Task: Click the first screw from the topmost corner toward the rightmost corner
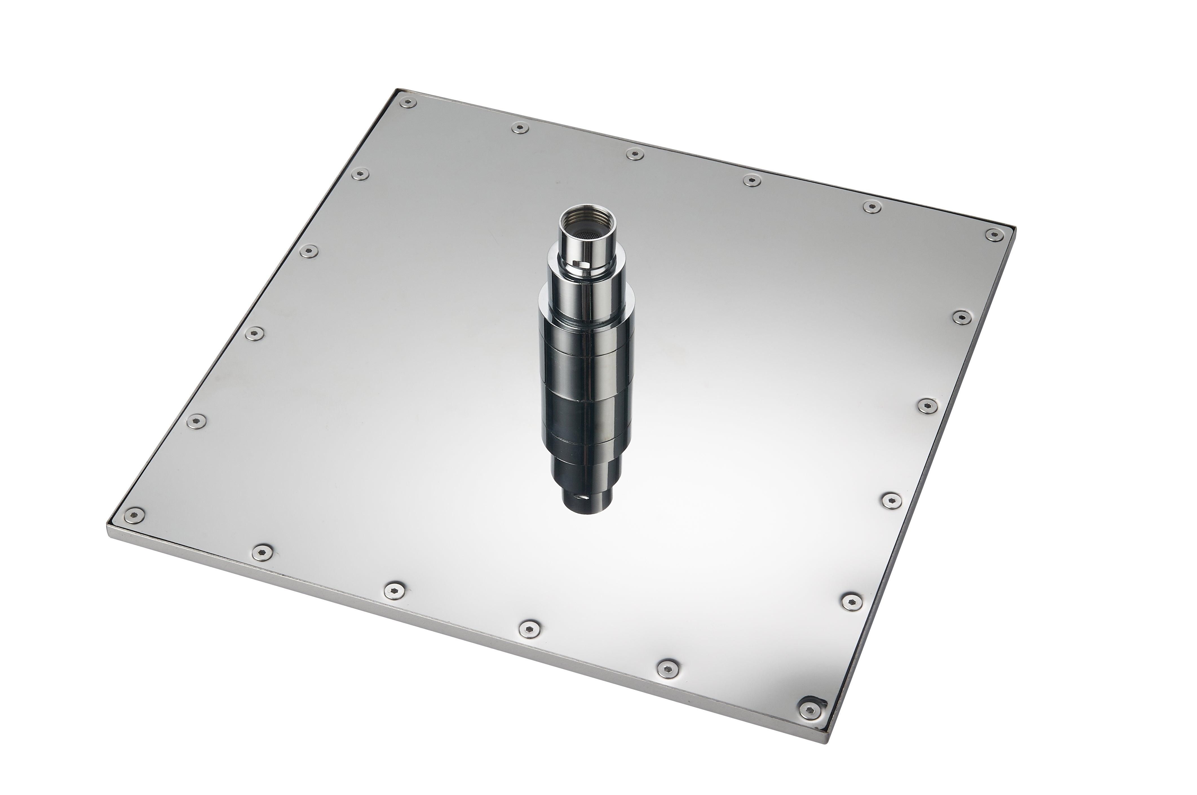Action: [519, 128]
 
